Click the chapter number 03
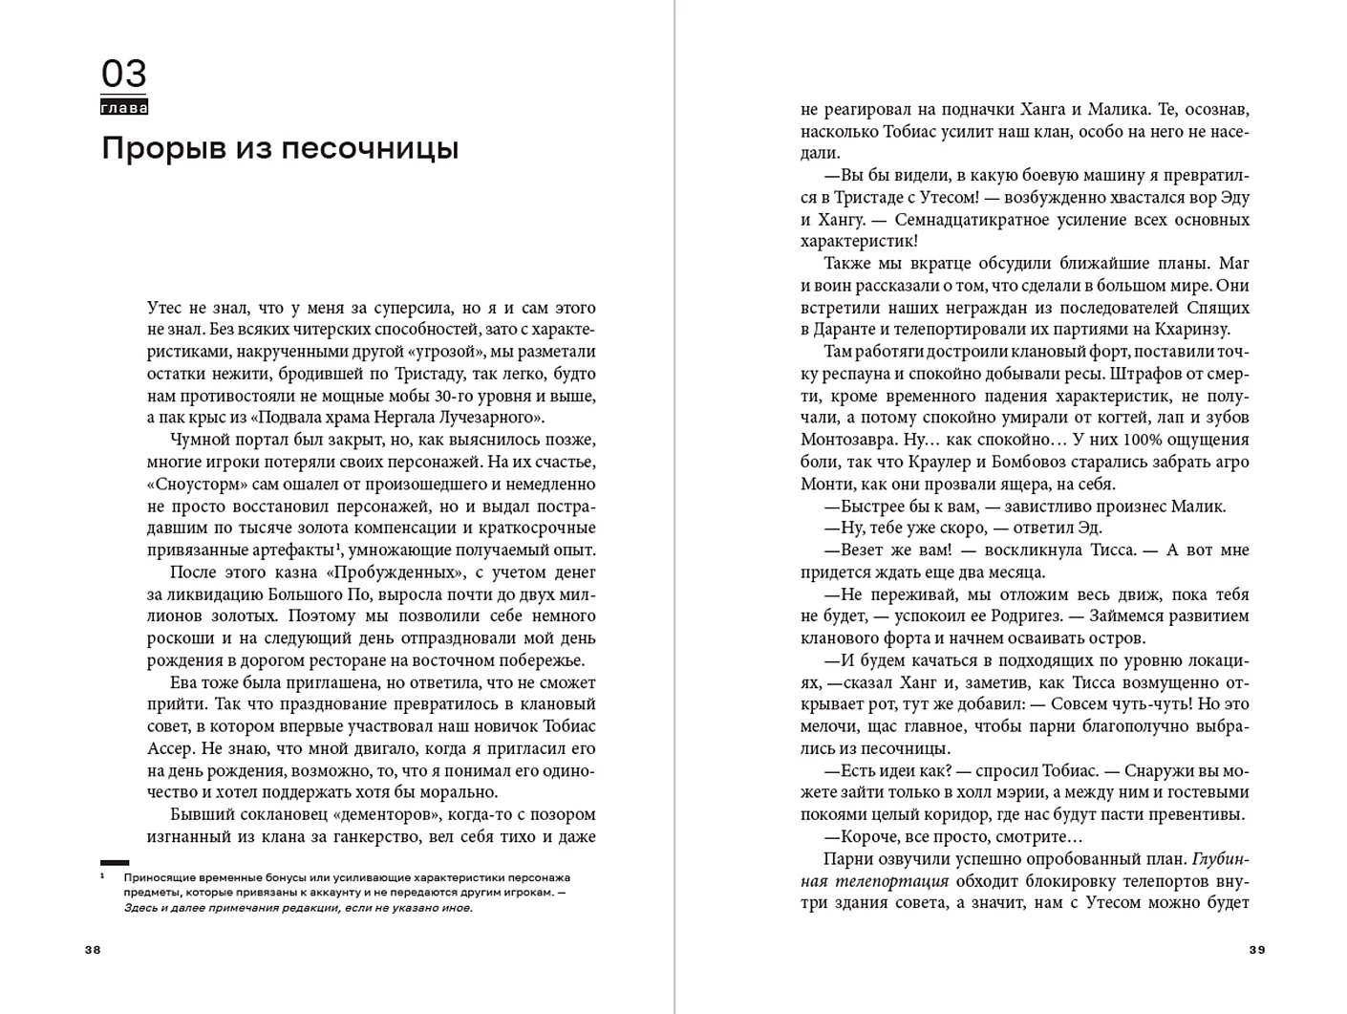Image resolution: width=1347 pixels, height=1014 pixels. point(124,74)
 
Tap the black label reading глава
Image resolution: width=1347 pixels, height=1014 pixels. point(124,108)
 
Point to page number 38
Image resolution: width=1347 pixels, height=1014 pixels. point(93,950)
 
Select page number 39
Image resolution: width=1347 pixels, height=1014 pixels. point(1257,950)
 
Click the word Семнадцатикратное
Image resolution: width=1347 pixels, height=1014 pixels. point(973,220)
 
